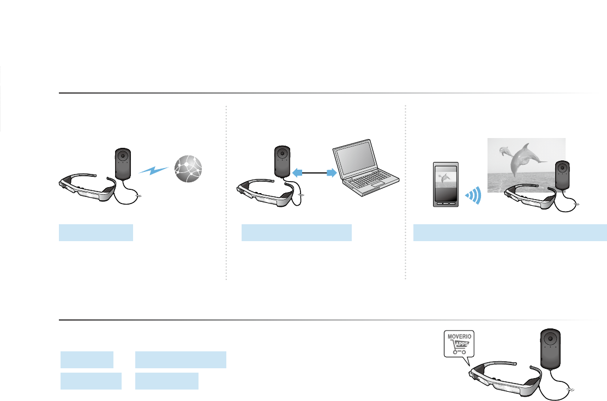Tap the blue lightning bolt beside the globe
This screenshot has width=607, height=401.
point(153,170)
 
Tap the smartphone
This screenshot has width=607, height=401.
point(446,184)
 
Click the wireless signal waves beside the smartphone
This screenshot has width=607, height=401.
point(473,195)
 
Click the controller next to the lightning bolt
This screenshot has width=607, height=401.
point(123,164)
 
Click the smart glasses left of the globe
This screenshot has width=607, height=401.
point(87,188)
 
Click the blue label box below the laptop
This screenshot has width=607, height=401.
point(297,232)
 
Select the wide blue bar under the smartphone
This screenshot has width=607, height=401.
point(509,232)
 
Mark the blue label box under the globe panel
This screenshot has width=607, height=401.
point(96,232)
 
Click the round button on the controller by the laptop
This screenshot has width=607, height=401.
point(281,154)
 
